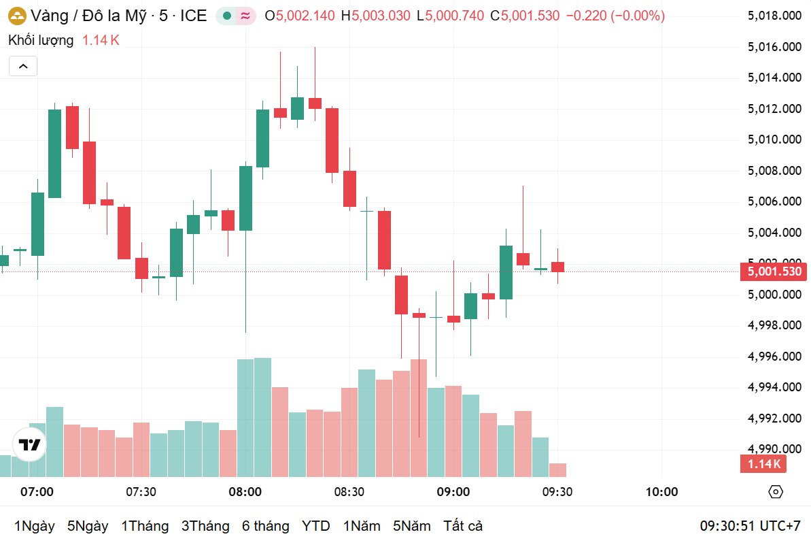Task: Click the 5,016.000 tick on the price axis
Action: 774,47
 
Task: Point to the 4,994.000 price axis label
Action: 774,387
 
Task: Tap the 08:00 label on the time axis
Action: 245,492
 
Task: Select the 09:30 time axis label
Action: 557,492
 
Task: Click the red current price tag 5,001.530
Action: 774,272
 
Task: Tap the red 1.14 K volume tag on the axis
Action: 764,464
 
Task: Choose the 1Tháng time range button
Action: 145,526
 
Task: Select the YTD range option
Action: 316,526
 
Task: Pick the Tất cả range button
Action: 463,526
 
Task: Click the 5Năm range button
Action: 412,526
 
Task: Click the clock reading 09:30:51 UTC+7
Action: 750,526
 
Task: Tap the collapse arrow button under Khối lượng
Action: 23,66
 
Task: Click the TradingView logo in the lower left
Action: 30,446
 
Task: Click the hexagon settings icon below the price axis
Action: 776,492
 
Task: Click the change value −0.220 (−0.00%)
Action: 615,16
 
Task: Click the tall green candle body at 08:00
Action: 245,197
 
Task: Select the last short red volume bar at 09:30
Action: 557,470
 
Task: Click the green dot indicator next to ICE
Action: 227,16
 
